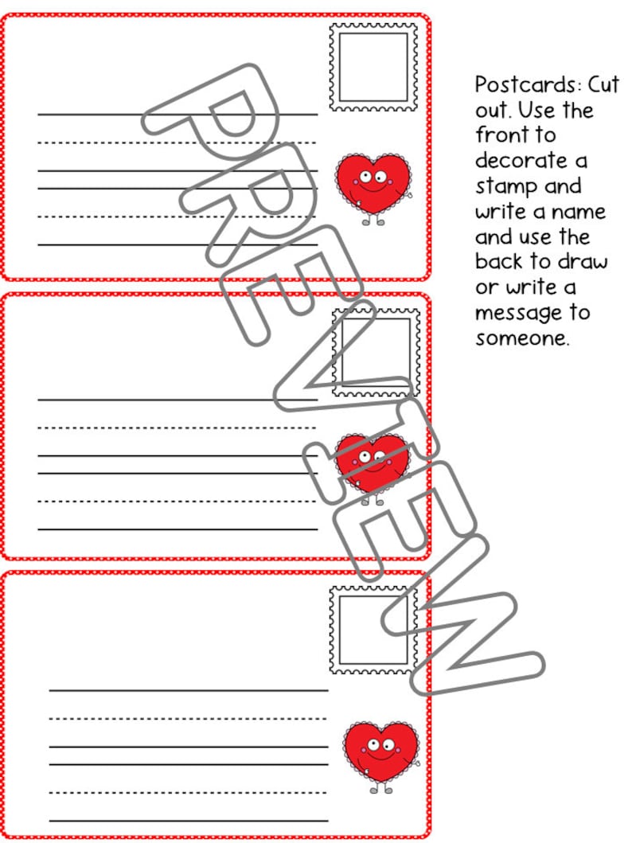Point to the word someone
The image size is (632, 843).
[522, 338]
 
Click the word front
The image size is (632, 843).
[501, 135]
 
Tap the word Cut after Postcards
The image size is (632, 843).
[603, 85]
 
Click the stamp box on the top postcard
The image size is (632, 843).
[373, 67]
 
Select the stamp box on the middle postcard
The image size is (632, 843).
[376, 352]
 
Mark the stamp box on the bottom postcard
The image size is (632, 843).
[373, 630]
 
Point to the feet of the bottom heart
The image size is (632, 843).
[380, 789]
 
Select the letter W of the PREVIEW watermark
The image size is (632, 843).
[470, 629]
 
